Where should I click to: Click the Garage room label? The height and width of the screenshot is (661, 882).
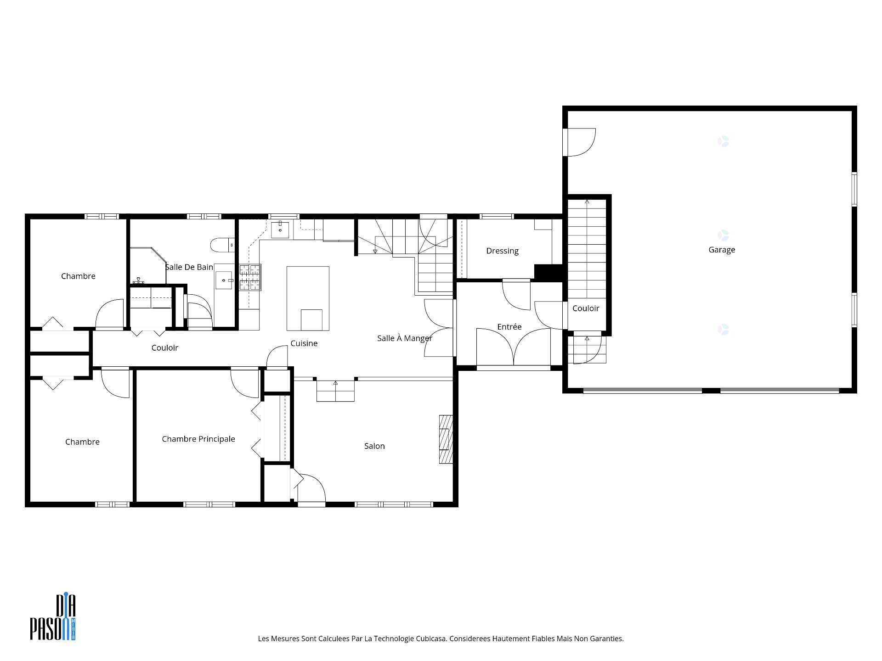pyautogui.click(x=722, y=250)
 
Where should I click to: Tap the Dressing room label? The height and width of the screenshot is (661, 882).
pyautogui.click(x=502, y=251)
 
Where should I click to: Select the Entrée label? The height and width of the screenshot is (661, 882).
pyautogui.click(x=509, y=327)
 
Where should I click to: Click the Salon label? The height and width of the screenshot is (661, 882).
pyautogui.click(x=374, y=446)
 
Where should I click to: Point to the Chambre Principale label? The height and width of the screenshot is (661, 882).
pyautogui.click(x=198, y=439)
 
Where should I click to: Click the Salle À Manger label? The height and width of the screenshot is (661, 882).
pyautogui.click(x=404, y=338)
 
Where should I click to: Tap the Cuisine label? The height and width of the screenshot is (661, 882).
pyautogui.click(x=304, y=343)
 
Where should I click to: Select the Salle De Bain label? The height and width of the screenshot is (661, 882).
pyautogui.click(x=189, y=267)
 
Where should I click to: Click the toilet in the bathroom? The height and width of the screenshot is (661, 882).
pyautogui.click(x=222, y=245)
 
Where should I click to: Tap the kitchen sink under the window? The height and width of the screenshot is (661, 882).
pyautogui.click(x=280, y=229)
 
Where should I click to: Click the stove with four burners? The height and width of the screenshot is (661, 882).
pyautogui.click(x=250, y=277)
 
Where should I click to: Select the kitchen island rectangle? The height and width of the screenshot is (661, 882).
pyautogui.click(x=308, y=298)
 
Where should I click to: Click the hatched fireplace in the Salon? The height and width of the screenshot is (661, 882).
pyautogui.click(x=446, y=439)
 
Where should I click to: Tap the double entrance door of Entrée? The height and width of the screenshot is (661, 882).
pyautogui.click(x=513, y=349)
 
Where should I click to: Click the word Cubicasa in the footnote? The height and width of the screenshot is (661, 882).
pyautogui.click(x=431, y=639)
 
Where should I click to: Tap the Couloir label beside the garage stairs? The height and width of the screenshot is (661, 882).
pyautogui.click(x=586, y=308)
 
